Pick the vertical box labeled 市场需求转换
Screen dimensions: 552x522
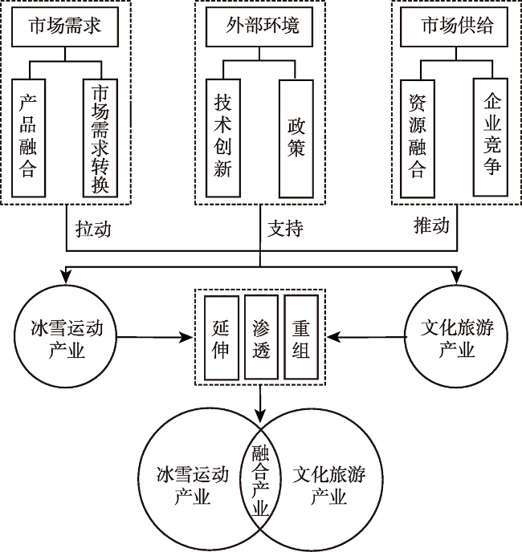[100, 136]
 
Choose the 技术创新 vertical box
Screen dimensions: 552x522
[223, 136]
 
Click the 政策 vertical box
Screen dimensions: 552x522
[296, 136]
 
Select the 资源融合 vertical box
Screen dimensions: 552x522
[418, 136]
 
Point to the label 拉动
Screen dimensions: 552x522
[92, 228]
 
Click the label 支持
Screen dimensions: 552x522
[286, 228]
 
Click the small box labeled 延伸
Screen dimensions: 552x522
[221, 337]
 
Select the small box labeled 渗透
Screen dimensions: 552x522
[261, 337]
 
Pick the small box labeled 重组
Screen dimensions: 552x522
[301, 337]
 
